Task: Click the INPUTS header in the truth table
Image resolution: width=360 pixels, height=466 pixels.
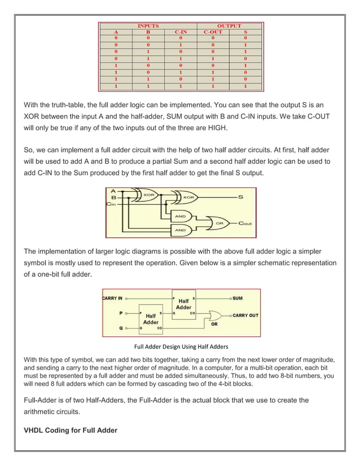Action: (148, 26)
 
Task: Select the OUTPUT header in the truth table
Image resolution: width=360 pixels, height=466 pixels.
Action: (229, 26)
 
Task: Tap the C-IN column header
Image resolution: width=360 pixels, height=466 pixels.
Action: (180, 32)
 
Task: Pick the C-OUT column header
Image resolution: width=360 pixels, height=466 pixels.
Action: (213, 32)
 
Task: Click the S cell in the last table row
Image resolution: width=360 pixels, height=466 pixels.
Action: (245, 87)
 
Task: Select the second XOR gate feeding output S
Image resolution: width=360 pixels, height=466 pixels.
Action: (188, 197)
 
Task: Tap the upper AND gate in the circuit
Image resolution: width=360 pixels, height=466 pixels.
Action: (181, 216)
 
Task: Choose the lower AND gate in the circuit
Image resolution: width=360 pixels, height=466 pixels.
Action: (181, 230)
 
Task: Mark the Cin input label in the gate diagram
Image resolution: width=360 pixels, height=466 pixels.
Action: (111, 204)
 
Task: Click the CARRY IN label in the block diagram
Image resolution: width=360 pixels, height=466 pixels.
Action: (112, 298)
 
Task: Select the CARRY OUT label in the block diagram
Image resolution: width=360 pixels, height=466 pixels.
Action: (245, 315)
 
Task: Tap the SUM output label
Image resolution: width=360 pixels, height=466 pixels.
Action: (238, 298)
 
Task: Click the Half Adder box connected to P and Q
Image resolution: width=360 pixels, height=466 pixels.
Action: (151, 318)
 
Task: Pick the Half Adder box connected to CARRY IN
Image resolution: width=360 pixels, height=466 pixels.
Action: (183, 305)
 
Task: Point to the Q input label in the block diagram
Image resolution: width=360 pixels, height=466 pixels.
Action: (119, 327)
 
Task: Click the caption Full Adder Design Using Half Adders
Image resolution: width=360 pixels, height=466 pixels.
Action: (181, 346)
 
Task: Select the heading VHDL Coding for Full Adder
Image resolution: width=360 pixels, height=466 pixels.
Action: (70, 430)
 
